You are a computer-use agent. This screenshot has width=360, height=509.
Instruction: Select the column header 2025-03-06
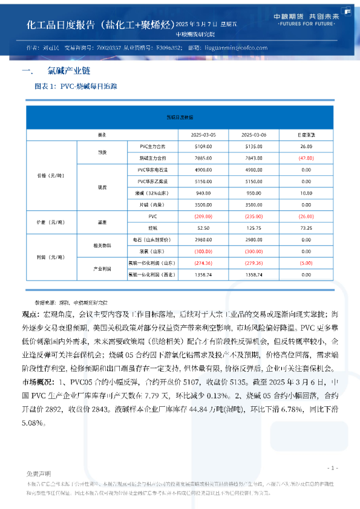254,134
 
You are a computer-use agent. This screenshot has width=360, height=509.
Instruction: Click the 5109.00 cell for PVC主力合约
203,146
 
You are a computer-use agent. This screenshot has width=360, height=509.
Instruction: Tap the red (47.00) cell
305,157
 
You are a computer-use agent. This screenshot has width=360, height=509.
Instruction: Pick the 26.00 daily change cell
306,146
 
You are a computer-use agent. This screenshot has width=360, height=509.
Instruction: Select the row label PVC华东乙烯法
152,181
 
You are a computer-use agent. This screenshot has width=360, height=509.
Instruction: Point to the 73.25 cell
306,228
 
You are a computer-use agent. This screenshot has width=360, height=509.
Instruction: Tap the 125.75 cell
254,228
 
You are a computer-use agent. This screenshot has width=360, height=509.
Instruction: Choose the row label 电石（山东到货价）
152,239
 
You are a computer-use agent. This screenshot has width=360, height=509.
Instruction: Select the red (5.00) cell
306,263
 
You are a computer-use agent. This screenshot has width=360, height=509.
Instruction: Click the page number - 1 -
332,468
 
